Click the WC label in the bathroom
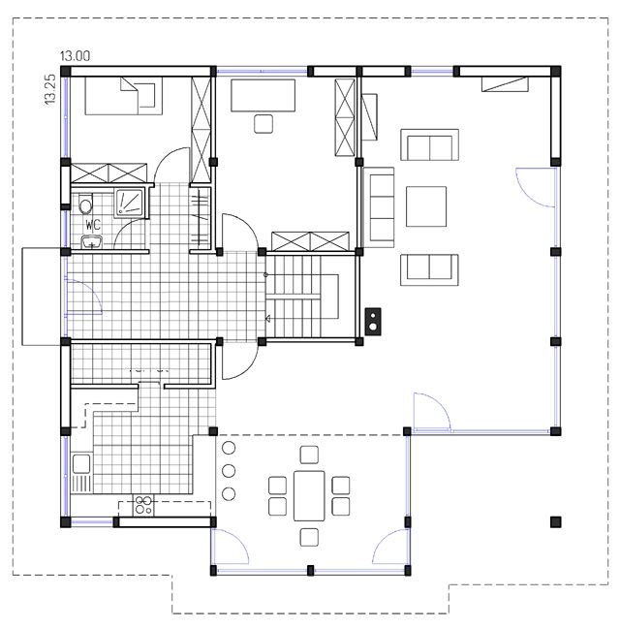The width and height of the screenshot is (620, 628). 93,225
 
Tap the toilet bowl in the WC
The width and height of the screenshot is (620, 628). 85,204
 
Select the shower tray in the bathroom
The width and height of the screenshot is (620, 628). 129,203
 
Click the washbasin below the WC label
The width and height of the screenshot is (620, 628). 92,242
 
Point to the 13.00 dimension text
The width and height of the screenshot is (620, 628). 76,56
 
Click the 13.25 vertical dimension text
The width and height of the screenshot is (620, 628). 50,90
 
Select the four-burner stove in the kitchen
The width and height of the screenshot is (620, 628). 143,505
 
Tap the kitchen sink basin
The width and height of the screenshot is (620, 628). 81,463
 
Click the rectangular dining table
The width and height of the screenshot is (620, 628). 309,495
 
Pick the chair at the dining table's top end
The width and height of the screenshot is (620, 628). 309,455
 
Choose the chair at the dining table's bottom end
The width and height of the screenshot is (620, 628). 309,537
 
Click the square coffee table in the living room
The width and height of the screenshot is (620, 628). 426,206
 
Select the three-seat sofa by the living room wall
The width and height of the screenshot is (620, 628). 379,207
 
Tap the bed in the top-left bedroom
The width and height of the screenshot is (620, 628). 124,96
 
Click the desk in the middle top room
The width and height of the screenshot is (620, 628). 263,95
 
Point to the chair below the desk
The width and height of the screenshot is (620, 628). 263,124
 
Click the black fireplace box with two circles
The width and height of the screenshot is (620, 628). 373,321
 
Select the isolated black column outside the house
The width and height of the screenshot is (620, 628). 555,521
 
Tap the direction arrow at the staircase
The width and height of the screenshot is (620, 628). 267,319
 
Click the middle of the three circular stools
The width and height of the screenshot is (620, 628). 229,471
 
